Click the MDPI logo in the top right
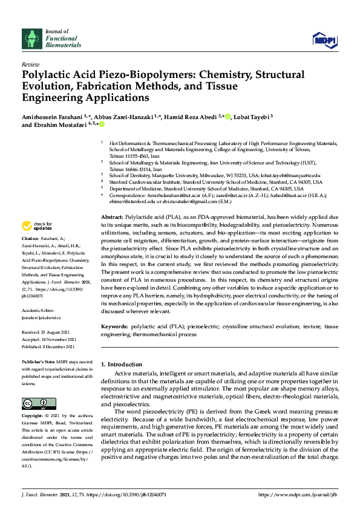click(324, 39)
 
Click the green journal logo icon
click(31, 39)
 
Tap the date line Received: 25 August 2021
click(48, 332)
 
